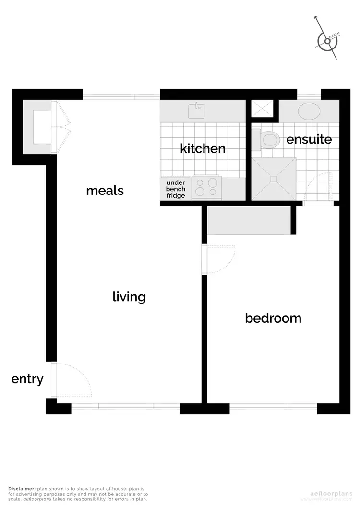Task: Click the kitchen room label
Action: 203,148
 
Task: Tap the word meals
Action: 105,191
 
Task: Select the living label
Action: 129,297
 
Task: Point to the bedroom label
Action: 273,318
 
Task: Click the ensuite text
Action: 309,139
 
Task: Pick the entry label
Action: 27,379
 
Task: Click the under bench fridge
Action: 176,189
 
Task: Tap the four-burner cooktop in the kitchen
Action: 206,187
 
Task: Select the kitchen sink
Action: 196,111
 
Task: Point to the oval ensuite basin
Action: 310,111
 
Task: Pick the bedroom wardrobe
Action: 249,221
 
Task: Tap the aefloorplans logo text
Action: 331,493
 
